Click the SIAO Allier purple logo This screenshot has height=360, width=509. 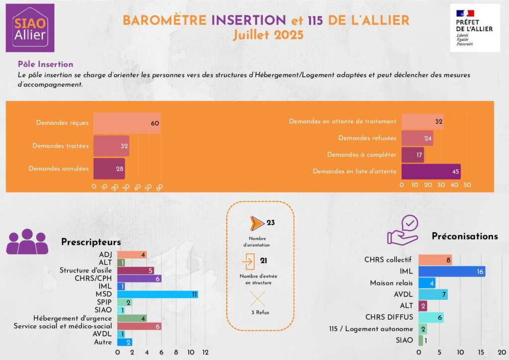tap(30, 28)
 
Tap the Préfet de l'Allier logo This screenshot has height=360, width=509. tap(475, 28)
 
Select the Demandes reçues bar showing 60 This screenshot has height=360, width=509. tap(127, 123)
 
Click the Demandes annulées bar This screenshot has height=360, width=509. tap(109, 169)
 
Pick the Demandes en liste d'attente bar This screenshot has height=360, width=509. tap(430, 172)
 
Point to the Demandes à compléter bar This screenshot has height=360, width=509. tap(413, 155)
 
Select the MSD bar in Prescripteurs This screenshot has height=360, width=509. tap(158, 294)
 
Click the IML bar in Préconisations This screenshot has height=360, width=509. tap(451, 271)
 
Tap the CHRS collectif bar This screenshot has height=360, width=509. tap(435, 260)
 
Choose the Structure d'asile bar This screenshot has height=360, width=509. tap(136, 270)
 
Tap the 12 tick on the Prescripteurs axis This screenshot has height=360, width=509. tap(205, 352)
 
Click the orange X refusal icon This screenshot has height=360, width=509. tap(257, 299)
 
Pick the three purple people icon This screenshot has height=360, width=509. tap(27, 243)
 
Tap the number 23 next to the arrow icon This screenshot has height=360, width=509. tap(270, 223)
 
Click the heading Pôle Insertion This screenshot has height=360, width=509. tap(45, 64)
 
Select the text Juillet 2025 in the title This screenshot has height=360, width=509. tap(268, 35)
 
